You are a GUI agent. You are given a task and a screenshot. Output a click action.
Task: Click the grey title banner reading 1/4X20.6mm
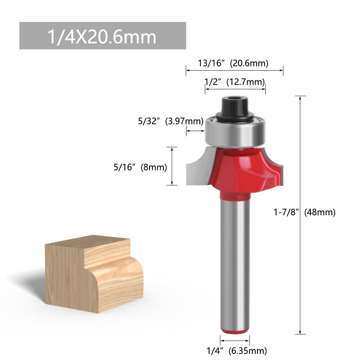point(103,36)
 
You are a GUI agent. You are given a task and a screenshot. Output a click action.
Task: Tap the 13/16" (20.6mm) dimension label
point(233,63)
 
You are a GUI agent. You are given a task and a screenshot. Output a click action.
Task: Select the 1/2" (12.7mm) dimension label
point(235,82)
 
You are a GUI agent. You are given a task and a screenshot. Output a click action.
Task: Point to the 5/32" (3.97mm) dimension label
point(171,121)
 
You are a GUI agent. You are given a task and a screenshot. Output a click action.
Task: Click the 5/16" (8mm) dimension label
point(140,167)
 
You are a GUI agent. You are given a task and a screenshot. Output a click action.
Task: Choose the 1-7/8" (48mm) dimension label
point(305,212)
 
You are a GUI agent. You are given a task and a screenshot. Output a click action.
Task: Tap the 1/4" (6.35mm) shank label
point(237,351)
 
